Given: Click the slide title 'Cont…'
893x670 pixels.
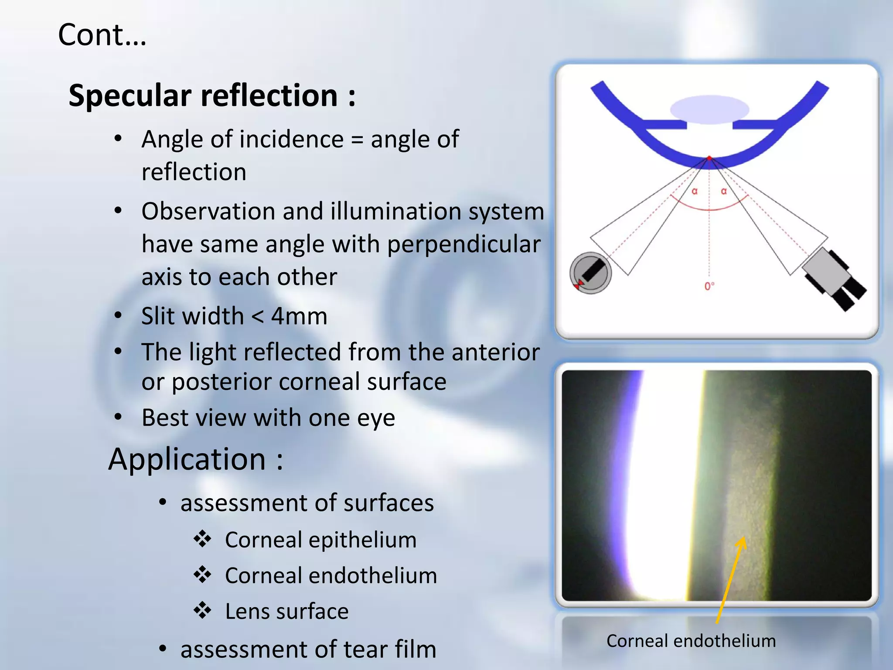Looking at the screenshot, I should [102, 35].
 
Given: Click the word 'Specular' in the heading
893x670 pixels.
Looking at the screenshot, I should [130, 96].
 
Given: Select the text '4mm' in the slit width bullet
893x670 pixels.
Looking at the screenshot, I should [299, 316].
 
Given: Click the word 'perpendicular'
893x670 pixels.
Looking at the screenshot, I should [464, 244].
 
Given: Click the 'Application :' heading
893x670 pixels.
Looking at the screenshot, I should [196, 459].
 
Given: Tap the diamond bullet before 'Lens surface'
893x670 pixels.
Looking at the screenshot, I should [203, 610].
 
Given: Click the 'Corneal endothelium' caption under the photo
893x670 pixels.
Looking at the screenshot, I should [691, 641].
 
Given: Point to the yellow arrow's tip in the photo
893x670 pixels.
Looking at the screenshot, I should [742, 540].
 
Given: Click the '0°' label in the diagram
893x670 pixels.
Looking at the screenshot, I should [709, 286].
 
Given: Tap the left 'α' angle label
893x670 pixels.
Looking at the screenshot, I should [695, 191].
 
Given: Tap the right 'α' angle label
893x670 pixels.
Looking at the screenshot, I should [724, 191].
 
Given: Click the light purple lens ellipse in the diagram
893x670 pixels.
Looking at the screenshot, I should [709, 109].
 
